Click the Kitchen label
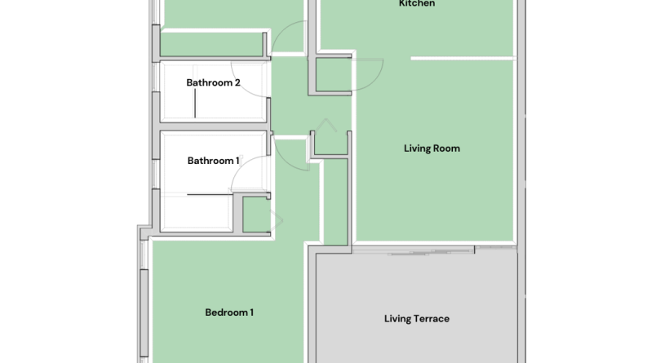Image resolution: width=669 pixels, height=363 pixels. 417,3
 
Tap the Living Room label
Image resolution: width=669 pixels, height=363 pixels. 432,148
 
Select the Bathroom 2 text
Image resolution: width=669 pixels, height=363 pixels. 213,82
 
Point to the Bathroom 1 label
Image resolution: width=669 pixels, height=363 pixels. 213,161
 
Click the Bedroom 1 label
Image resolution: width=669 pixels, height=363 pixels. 229,312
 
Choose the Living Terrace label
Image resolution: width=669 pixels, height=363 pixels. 416,319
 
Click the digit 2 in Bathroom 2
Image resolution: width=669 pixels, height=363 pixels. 237,82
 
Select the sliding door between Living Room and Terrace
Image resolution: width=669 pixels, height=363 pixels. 431,252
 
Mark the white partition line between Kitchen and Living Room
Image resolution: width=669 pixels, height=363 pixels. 463,58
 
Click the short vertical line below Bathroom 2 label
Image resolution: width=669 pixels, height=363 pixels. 195,104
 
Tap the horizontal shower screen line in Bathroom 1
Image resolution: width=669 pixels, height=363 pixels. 210,194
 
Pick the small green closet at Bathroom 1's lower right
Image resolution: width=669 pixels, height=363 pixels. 256,215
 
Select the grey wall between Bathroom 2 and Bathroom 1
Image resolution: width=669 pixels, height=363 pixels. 215,126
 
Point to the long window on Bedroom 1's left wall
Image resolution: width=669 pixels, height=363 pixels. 144,313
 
